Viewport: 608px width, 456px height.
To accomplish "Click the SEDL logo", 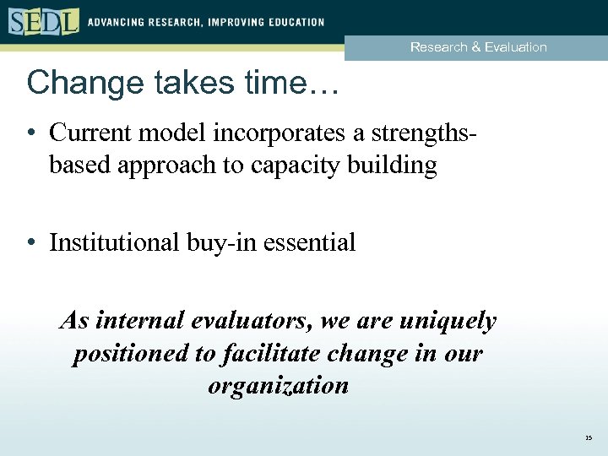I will (44, 20).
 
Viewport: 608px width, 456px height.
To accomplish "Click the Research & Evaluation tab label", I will (478, 47).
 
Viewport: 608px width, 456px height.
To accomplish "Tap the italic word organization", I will (278, 385).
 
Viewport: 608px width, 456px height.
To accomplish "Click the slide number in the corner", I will (588, 438).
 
